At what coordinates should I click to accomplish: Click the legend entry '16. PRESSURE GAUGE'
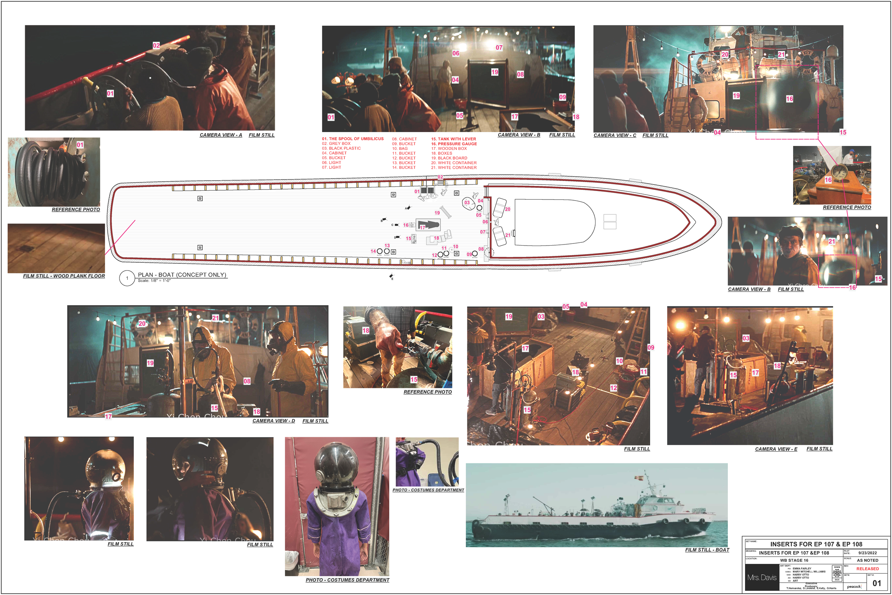point(453,144)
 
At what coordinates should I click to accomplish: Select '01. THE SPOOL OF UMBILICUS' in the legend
point(353,139)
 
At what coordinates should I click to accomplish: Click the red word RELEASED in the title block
point(867,569)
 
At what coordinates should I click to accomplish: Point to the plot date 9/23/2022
point(867,553)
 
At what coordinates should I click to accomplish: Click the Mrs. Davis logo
point(761,577)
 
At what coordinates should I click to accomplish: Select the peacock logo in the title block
point(854,586)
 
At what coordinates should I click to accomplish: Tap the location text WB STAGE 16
point(794,560)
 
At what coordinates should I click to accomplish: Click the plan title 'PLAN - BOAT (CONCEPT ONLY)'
point(182,275)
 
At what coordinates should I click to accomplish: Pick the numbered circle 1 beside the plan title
point(127,278)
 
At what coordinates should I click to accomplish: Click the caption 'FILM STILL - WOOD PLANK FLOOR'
point(64,276)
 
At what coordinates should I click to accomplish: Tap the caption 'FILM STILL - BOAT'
point(707,549)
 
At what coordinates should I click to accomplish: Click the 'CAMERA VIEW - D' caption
point(273,421)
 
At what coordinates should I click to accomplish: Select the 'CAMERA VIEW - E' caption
point(776,449)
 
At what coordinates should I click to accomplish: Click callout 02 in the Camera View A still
point(156,45)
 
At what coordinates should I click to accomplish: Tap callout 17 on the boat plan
point(422,227)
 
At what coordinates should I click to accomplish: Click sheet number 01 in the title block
point(876,583)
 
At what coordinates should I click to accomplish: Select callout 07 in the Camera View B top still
point(499,47)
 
